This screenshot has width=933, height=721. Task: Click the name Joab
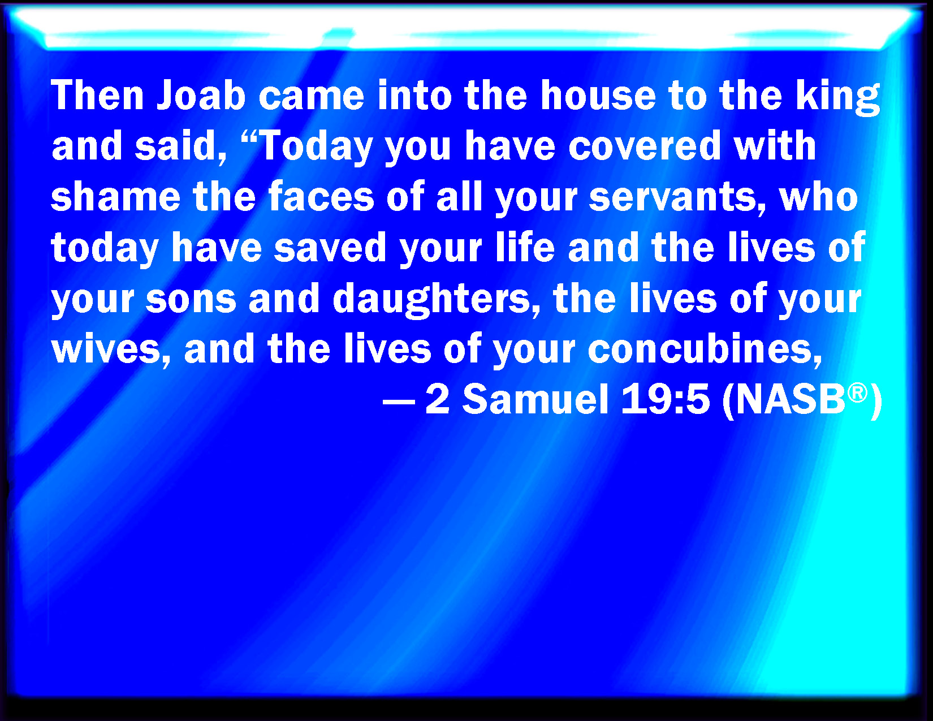[x=201, y=95]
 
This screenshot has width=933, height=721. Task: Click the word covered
[x=645, y=146]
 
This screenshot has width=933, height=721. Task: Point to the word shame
[x=115, y=197]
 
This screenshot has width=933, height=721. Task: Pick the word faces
[x=322, y=197]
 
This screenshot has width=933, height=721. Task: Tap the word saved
[x=330, y=248]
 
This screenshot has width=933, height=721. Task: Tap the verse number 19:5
[x=665, y=399]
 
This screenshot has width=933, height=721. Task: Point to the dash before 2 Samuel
[x=399, y=402]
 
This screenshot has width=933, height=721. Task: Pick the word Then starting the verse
[x=97, y=95]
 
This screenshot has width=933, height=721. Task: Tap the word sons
[x=191, y=300]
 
